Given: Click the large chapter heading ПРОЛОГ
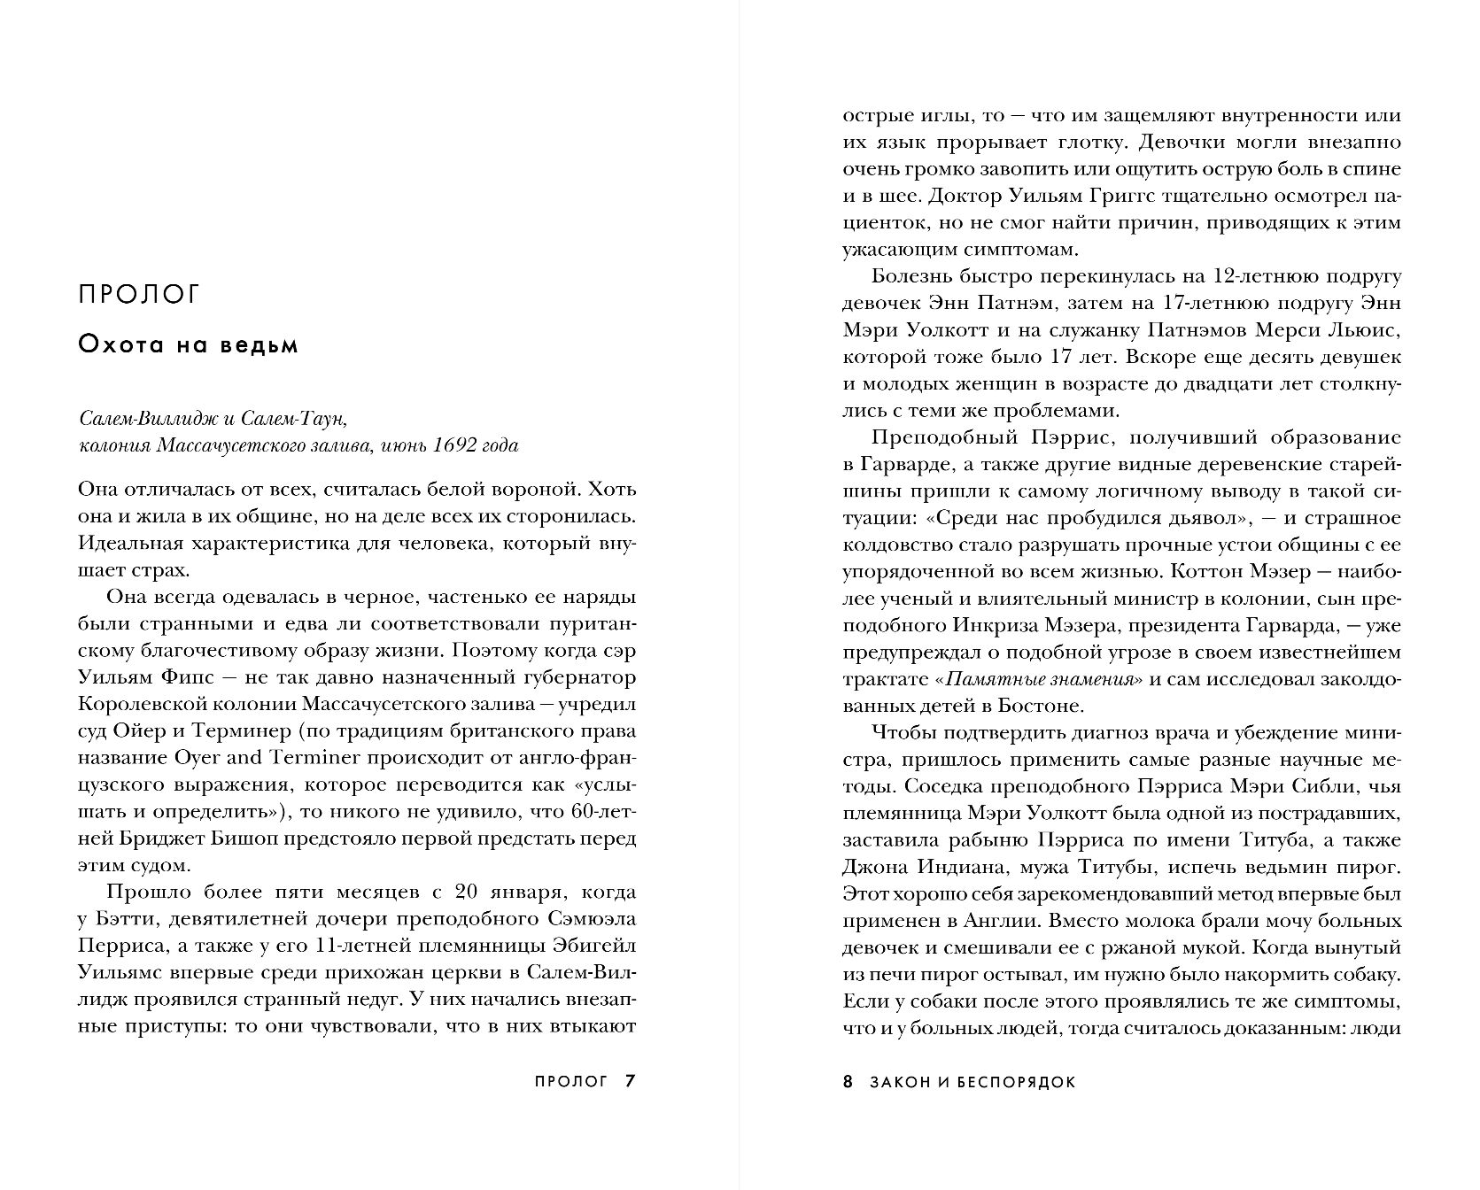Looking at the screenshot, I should tap(140, 294).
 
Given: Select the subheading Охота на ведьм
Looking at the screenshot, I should tap(188, 344).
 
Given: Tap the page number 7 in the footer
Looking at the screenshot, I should tap(630, 1081).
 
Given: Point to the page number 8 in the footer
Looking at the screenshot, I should tap(848, 1081).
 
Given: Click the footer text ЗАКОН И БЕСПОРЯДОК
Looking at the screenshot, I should tap(972, 1082).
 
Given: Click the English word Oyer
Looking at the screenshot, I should tap(197, 758).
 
